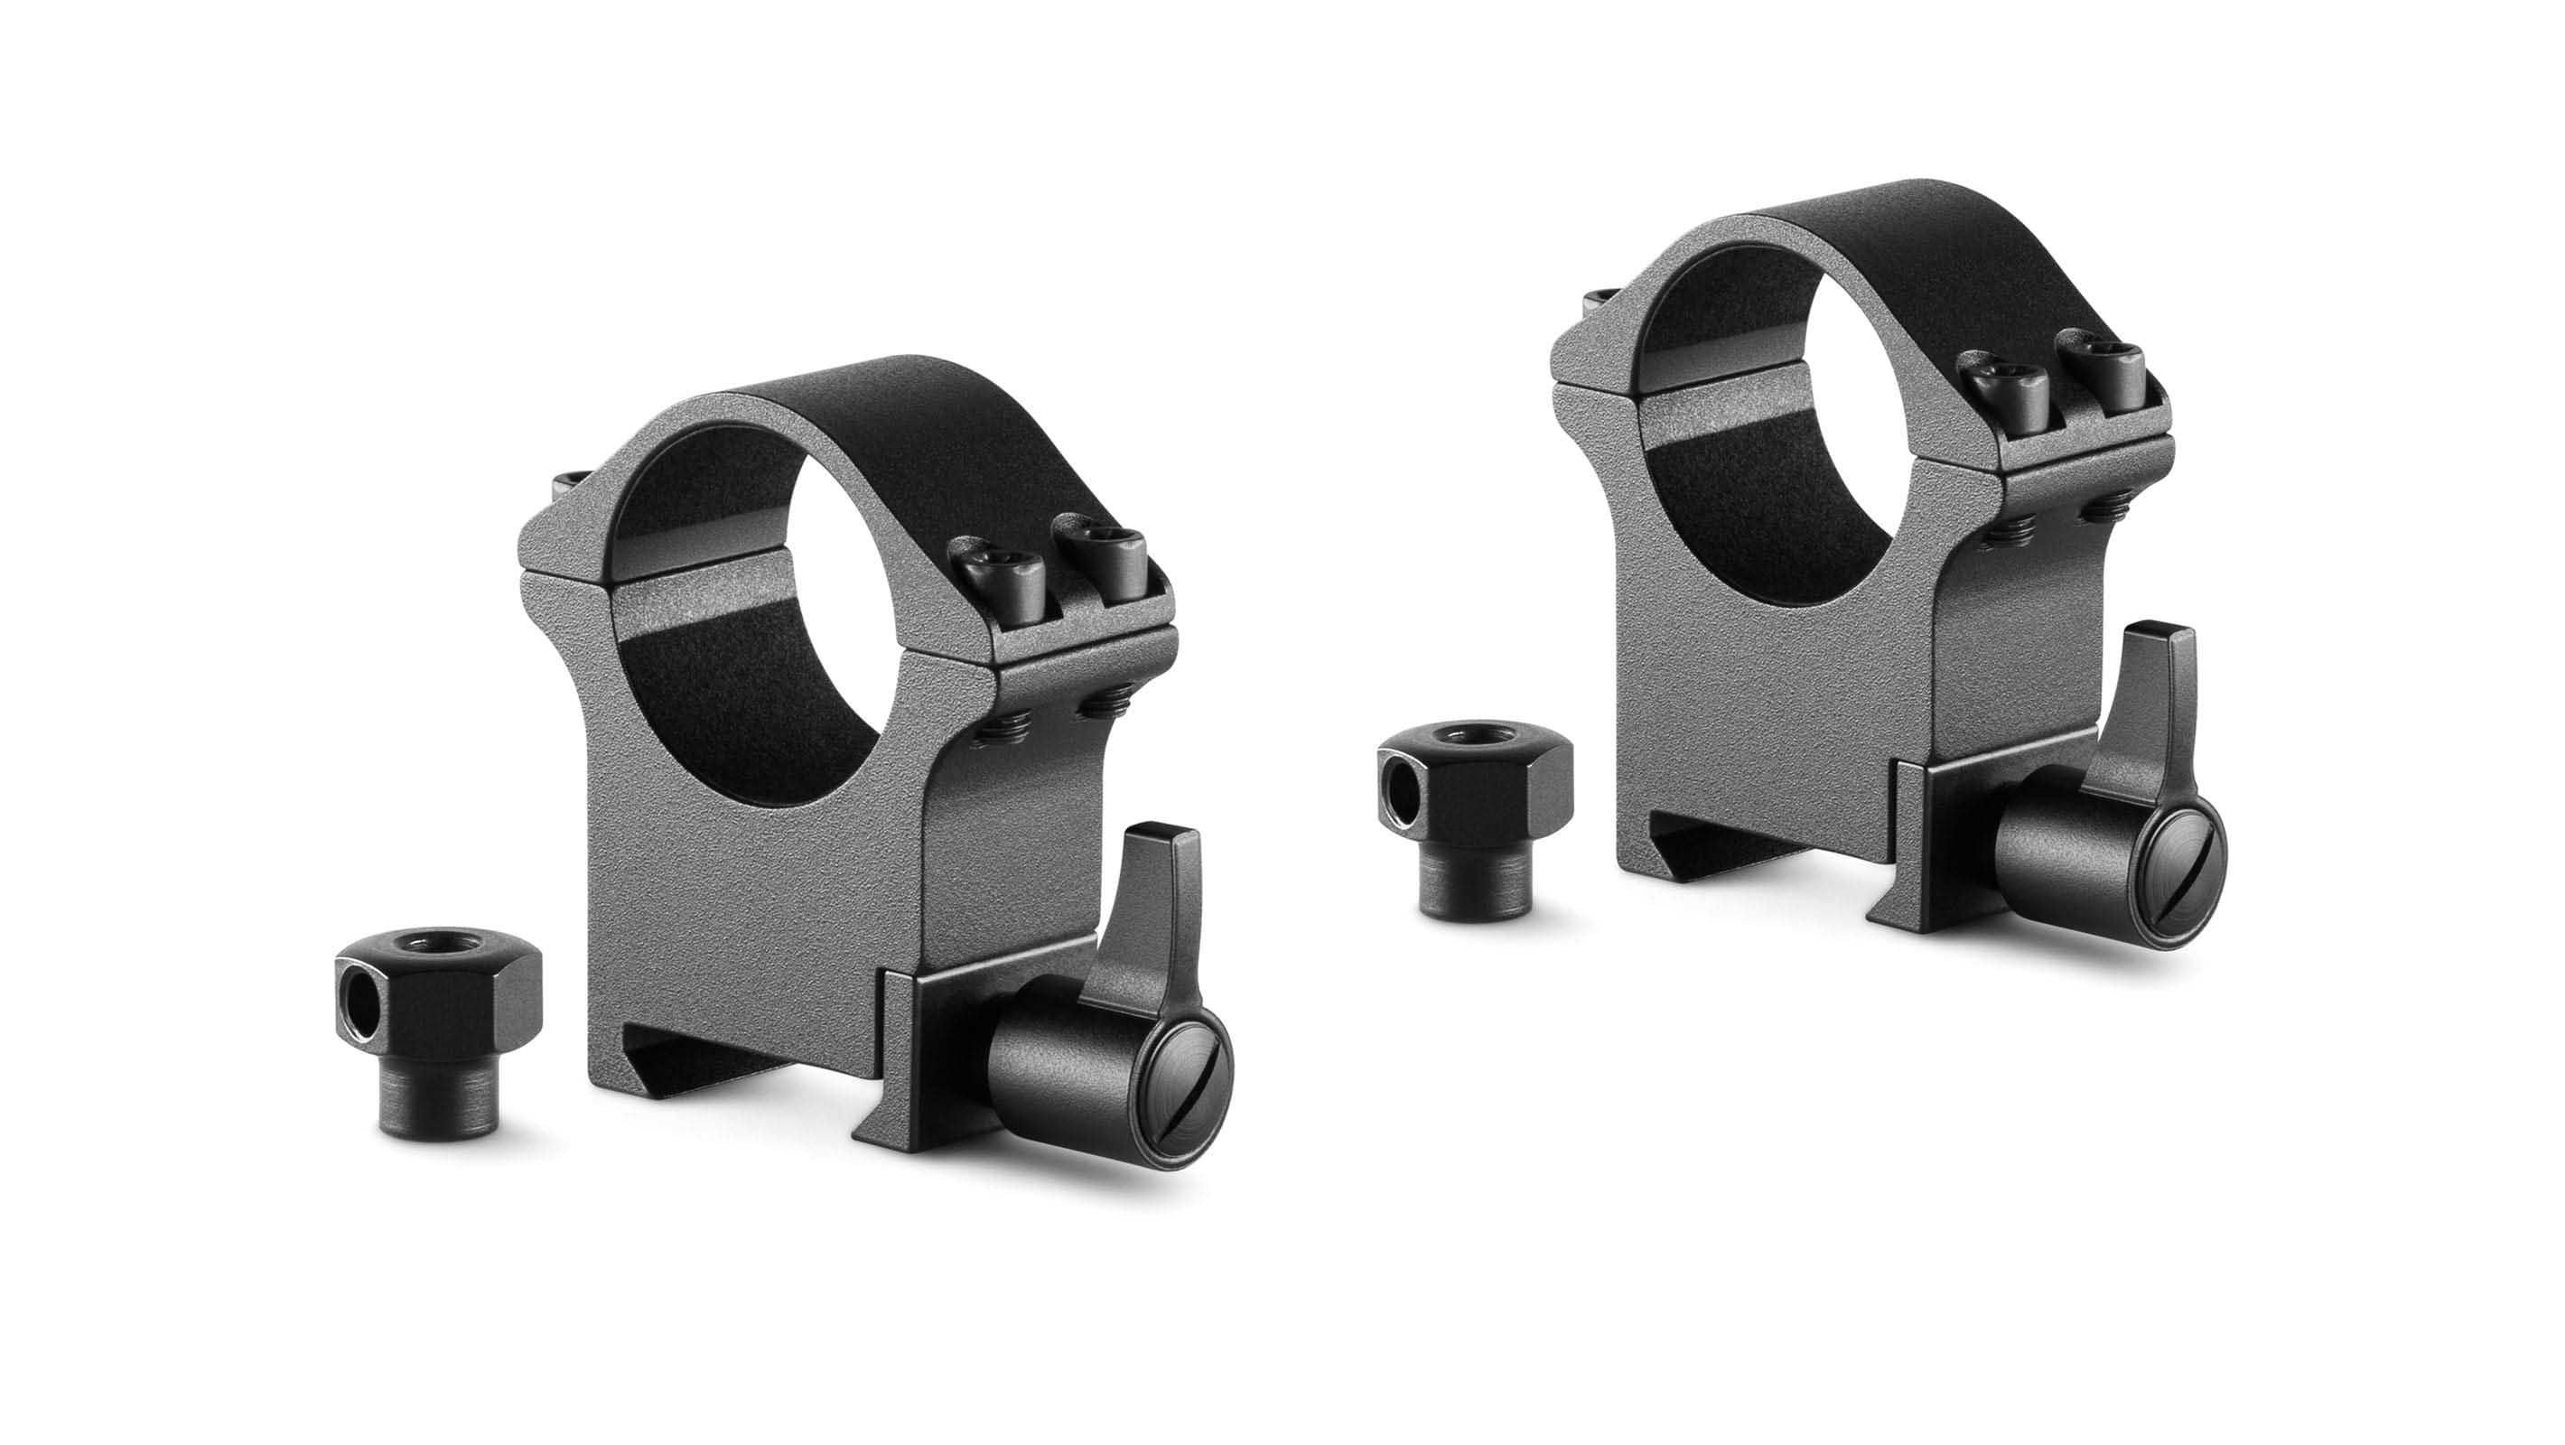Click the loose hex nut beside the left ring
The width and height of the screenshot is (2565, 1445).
pyautogui.click(x=439, y=1056)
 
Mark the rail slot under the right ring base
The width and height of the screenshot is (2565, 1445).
pyautogui.click(x=1752, y=856)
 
